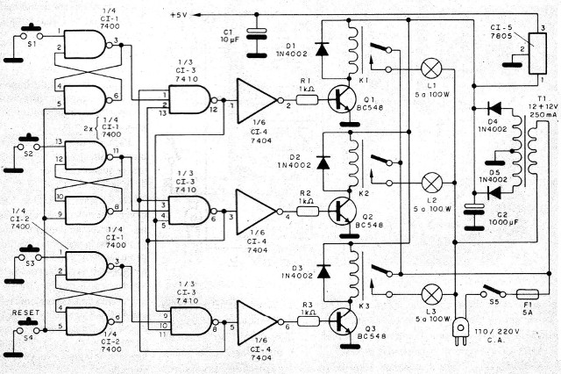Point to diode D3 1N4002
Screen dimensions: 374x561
(322, 270)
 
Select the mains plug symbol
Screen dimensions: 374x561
(458, 331)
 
